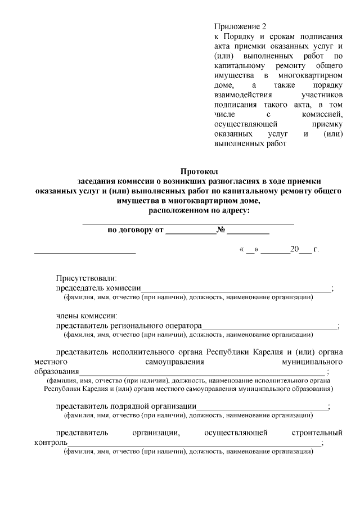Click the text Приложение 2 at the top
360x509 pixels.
pyautogui.click(x=239, y=26)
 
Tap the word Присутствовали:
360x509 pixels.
pyautogui.click(x=86, y=278)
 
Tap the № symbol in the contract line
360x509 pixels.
pyautogui.click(x=221, y=230)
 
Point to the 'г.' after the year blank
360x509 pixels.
pyautogui.click(x=316, y=249)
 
